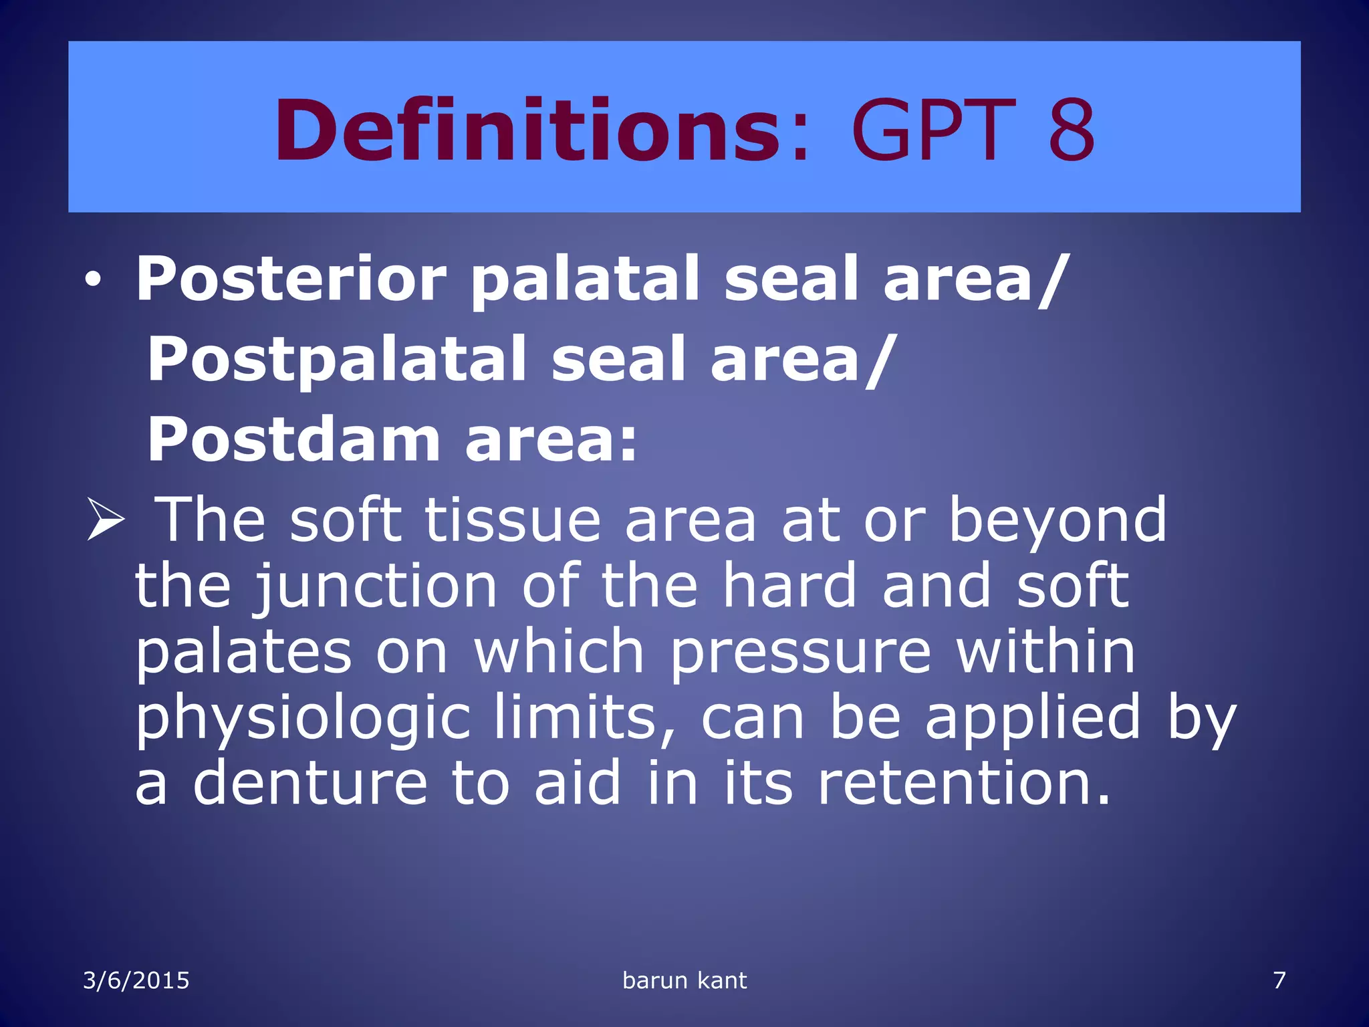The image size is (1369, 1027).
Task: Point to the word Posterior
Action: click(x=291, y=279)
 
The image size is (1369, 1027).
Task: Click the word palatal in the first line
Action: click(x=585, y=279)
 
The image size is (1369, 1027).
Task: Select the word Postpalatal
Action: click(x=337, y=360)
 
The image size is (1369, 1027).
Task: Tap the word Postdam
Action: click(x=293, y=439)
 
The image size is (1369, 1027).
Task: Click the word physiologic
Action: click(x=303, y=719)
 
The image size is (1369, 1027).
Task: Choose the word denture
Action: click(x=310, y=783)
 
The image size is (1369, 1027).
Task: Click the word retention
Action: click(x=963, y=783)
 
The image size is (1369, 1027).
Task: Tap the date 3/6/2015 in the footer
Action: click(x=136, y=981)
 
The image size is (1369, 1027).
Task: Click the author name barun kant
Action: click(x=684, y=981)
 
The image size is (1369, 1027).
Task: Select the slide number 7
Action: click(x=1279, y=981)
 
